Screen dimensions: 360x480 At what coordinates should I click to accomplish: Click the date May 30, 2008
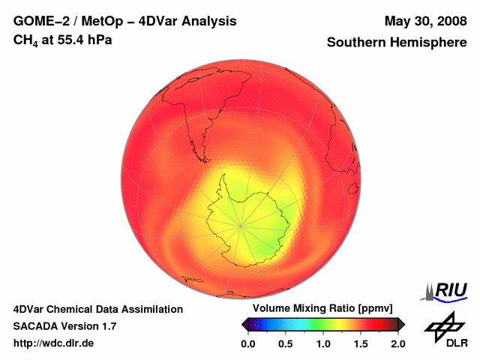[425, 22]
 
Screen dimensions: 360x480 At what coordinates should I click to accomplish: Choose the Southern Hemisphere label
[397, 43]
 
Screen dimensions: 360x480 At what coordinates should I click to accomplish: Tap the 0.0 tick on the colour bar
[248, 343]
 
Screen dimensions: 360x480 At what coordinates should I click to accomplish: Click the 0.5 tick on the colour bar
[286, 343]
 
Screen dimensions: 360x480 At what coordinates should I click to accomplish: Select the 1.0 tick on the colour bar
[323, 343]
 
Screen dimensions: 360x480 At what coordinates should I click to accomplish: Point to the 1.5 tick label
[361, 343]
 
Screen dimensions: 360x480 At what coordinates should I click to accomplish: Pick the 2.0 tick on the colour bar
[397, 343]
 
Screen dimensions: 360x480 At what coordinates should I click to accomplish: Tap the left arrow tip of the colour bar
[243, 324]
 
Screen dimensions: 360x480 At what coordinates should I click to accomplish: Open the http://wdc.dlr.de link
[54, 343]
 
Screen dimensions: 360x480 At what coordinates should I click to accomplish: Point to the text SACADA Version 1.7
[64, 326]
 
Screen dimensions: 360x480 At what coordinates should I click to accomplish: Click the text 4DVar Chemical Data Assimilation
[98, 309]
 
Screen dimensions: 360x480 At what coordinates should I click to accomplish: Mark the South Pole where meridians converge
[241, 224]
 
